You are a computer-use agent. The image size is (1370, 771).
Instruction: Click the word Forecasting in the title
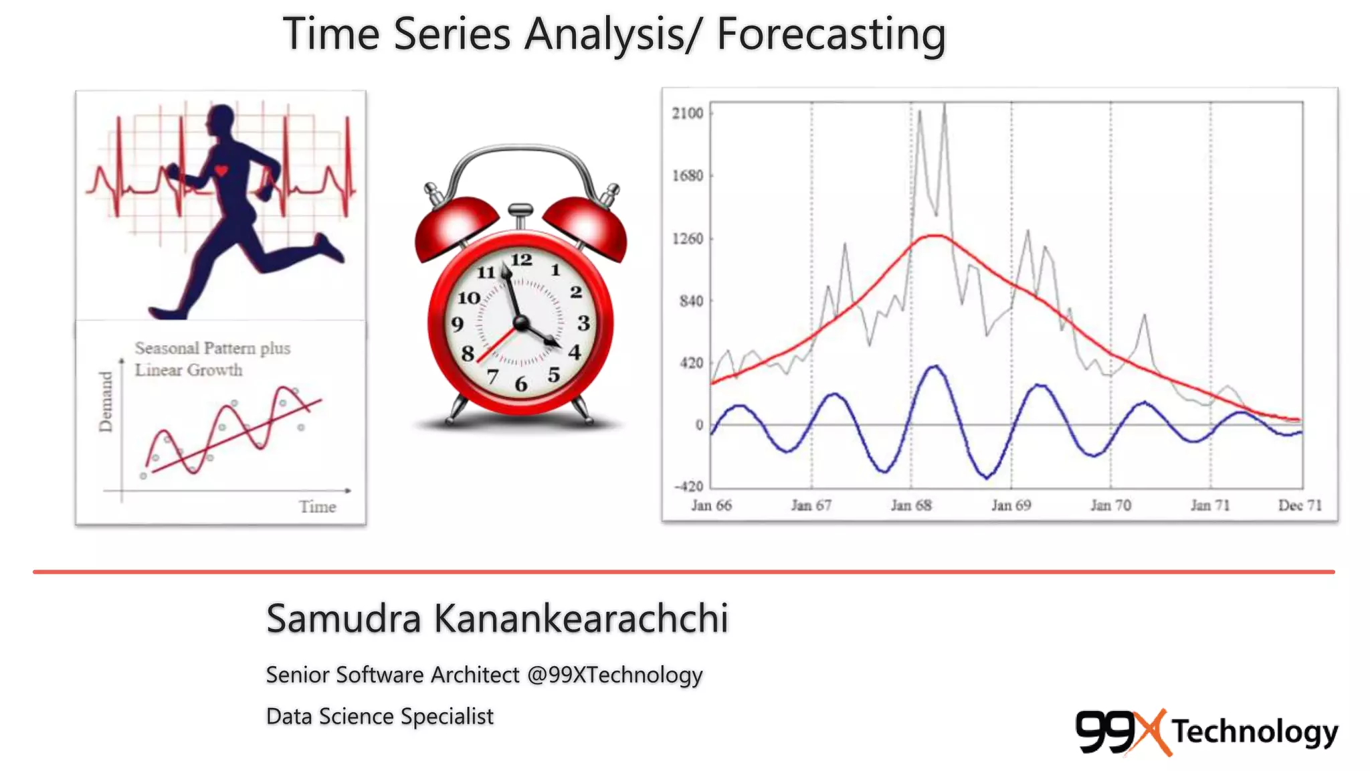(x=831, y=35)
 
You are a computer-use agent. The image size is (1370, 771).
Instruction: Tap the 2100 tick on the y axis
(x=688, y=113)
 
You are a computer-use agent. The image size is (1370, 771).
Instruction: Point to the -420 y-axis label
(x=688, y=487)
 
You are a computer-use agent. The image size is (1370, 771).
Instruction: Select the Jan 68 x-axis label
(x=910, y=505)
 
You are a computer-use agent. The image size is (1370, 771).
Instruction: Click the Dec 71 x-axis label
(x=1299, y=505)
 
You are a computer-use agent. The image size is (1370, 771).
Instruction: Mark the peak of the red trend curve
(x=935, y=236)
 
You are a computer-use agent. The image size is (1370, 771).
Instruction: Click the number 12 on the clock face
(x=521, y=260)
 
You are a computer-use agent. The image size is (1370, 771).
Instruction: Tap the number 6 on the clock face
(x=520, y=384)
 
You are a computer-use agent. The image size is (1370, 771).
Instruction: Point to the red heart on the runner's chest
(x=221, y=171)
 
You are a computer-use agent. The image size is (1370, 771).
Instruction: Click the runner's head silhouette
(x=221, y=120)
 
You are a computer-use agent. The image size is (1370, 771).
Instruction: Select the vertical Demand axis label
(x=106, y=402)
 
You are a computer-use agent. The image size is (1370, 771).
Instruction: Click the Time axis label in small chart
(x=317, y=507)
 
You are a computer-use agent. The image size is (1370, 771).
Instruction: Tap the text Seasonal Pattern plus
(x=212, y=348)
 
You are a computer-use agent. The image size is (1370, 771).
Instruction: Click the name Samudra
(x=343, y=618)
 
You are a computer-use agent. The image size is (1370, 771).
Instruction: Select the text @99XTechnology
(x=614, y=675)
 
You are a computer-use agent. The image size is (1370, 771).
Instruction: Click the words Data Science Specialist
(x=379, y=716)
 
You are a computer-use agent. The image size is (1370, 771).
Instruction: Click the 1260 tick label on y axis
(x=688, y=239)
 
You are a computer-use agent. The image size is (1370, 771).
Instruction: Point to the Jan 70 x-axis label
(x=1110, y=505)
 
